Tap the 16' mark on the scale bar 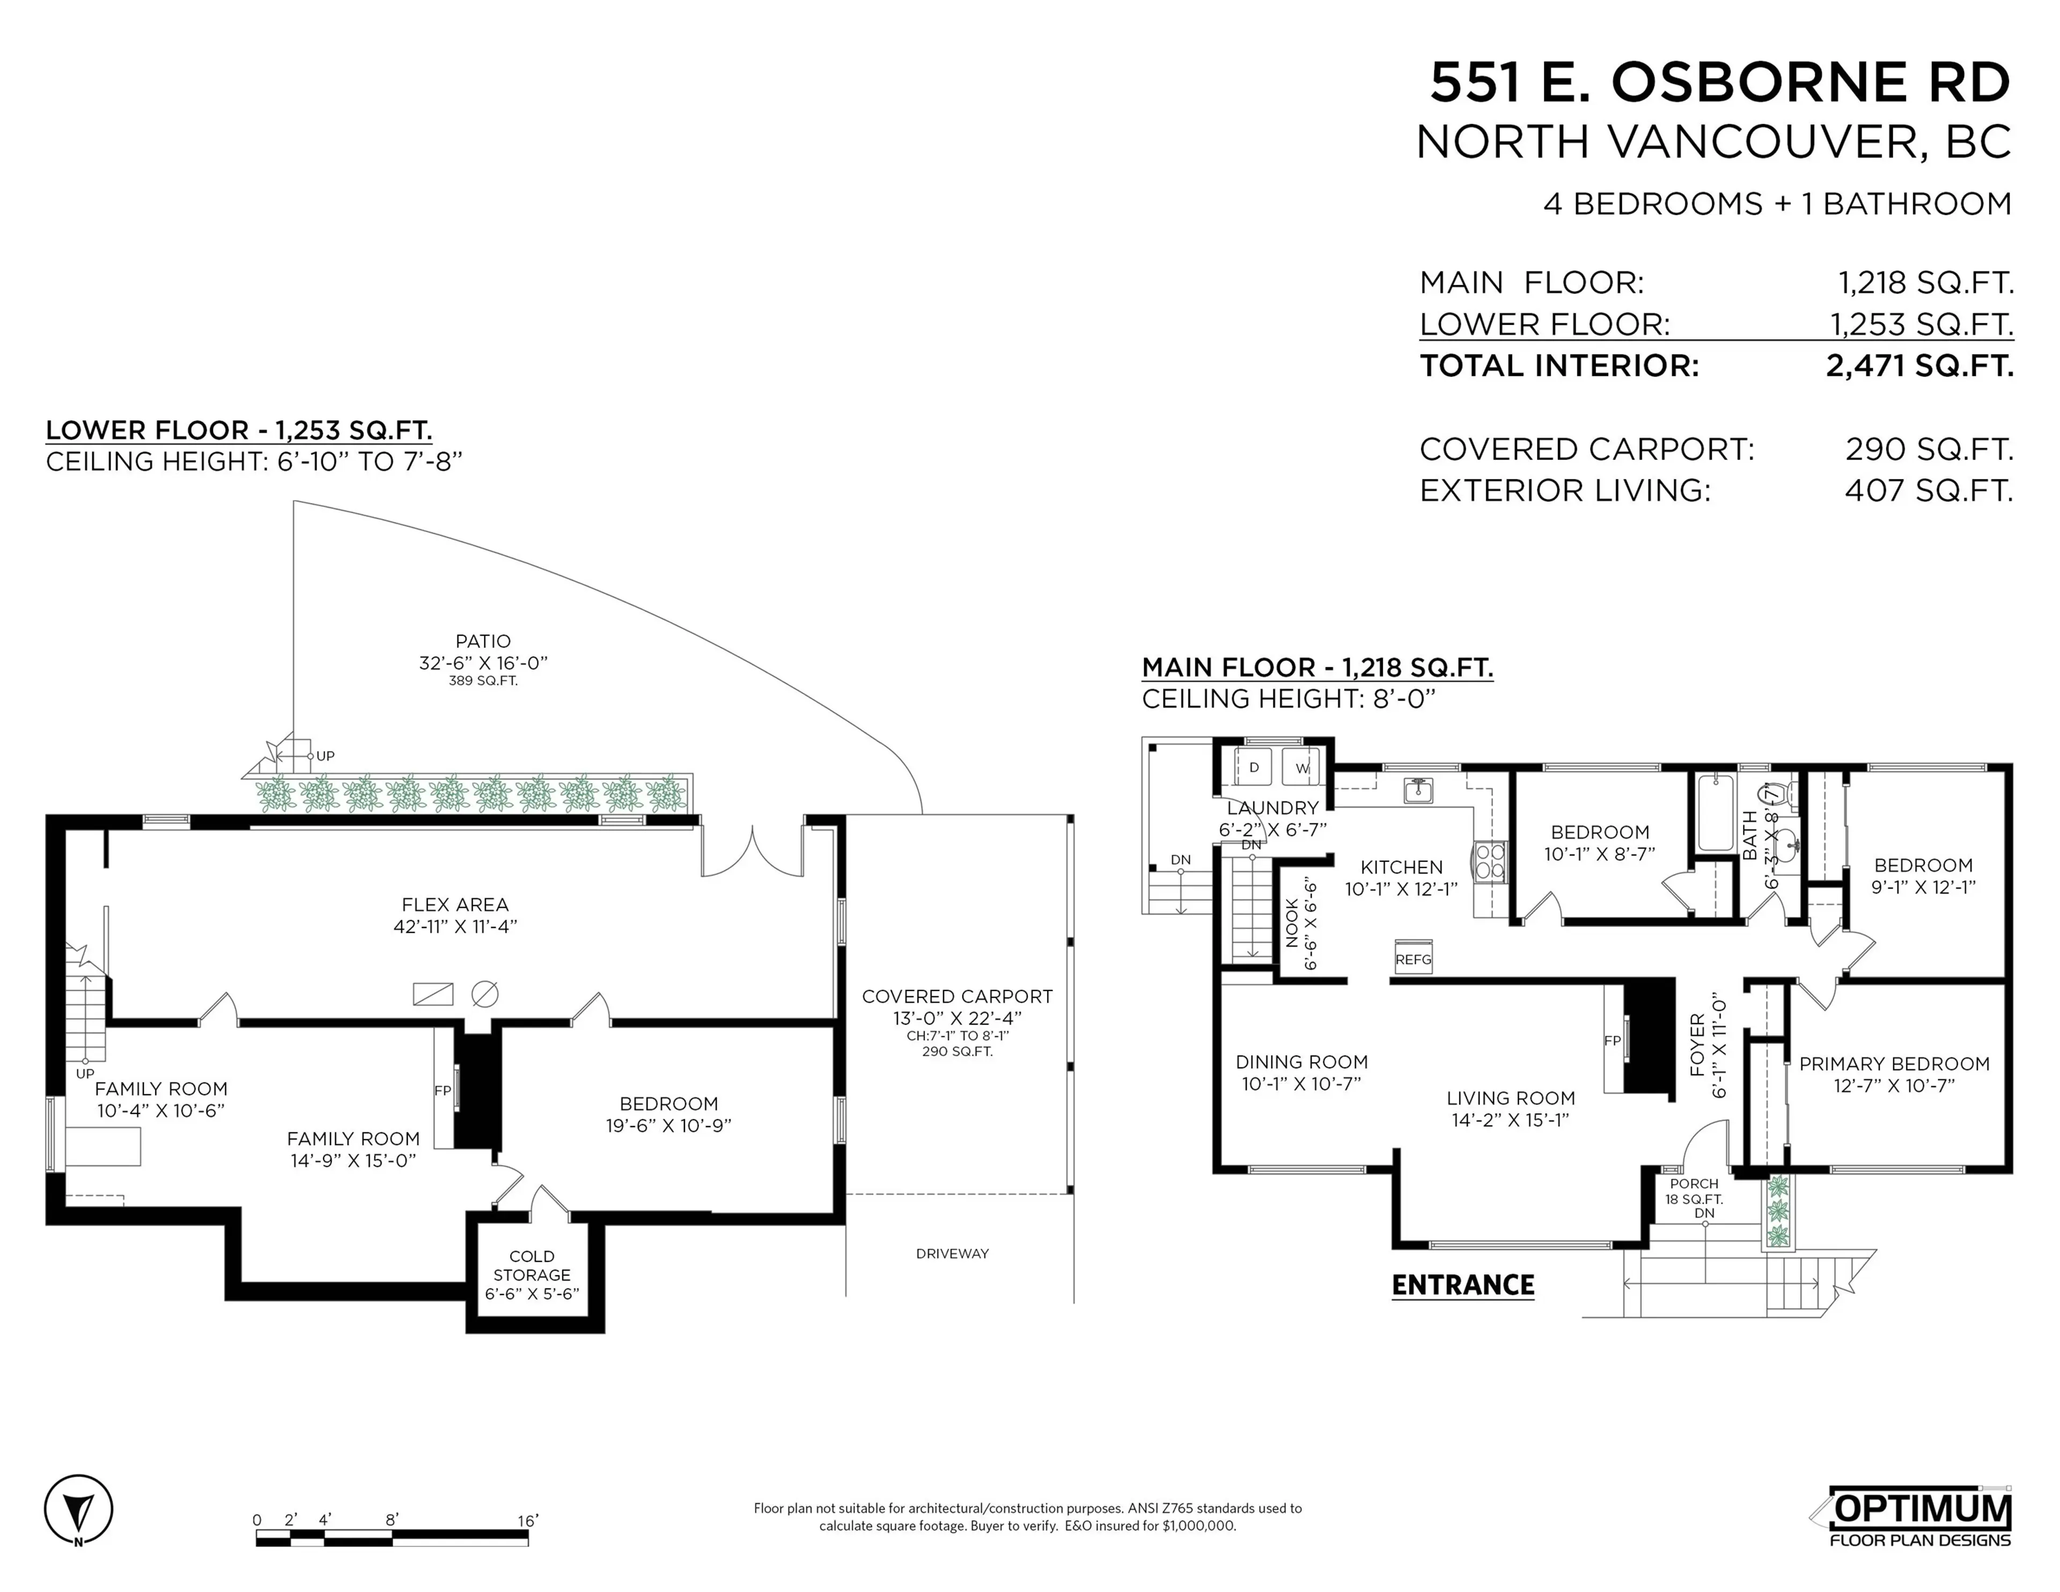527,1520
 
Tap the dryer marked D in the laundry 1254,768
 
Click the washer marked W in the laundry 1301,768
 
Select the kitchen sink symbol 1418,790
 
